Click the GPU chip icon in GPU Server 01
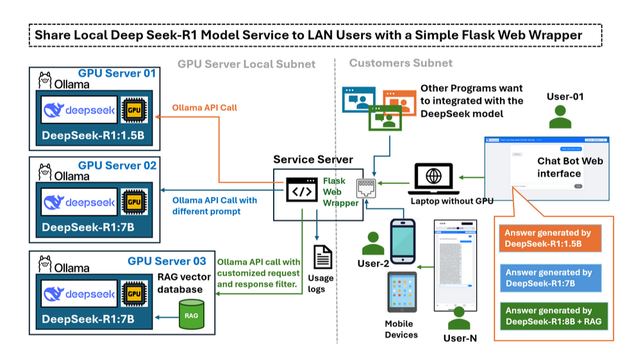pyautogui.click(x=133, y=110)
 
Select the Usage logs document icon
pyautogui.click(x=322, y=258)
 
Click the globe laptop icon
pyautogui.click(x=434, y=177)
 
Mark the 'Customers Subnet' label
pyautogui.click(x=401, y=63)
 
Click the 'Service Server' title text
pyautogui.click(x=313, y=160)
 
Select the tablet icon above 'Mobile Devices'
pyautogui.click(x=402, y=292)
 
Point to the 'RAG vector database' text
pyautogui.click(x=181, y=282)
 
